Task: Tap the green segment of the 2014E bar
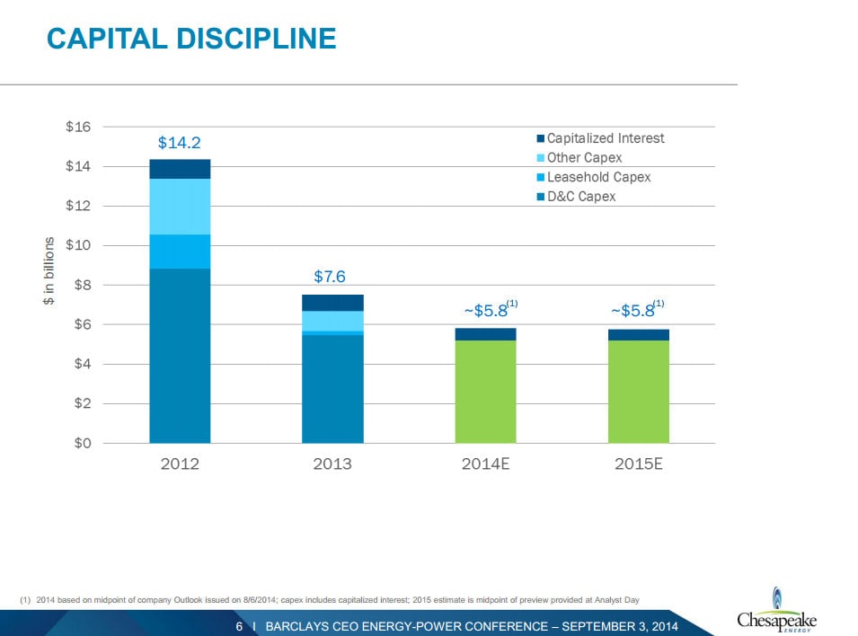485,391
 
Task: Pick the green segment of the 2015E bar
639,391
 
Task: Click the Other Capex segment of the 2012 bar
180,207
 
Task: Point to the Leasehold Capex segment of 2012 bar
180,252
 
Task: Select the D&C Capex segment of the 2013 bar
332,388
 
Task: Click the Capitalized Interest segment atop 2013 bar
332,303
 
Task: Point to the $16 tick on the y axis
77,127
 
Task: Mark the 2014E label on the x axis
485,464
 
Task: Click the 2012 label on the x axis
180,464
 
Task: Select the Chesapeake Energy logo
776,611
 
